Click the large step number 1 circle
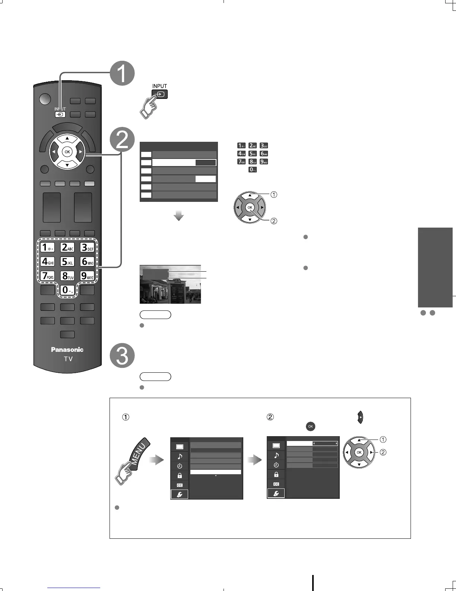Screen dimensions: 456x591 click(122, 74)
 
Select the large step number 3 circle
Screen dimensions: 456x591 click(122, 355)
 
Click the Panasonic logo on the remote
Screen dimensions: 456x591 click(67, 350)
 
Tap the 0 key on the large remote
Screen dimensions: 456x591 click(67, 290)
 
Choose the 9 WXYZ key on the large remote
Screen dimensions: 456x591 click(88, 276)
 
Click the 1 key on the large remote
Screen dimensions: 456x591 click(47, 247)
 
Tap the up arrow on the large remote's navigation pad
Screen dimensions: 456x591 click(67, 139)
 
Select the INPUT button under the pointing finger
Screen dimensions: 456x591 click(160, 94)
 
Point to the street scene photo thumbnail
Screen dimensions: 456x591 click(170, 284)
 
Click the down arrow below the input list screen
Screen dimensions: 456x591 click(179, 216)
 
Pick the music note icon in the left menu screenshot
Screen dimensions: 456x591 click(180, 456)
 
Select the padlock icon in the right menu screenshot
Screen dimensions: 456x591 click(276, 474)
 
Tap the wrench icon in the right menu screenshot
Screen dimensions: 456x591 click(276, 493)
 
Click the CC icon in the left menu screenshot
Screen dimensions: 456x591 click(180, 485)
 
